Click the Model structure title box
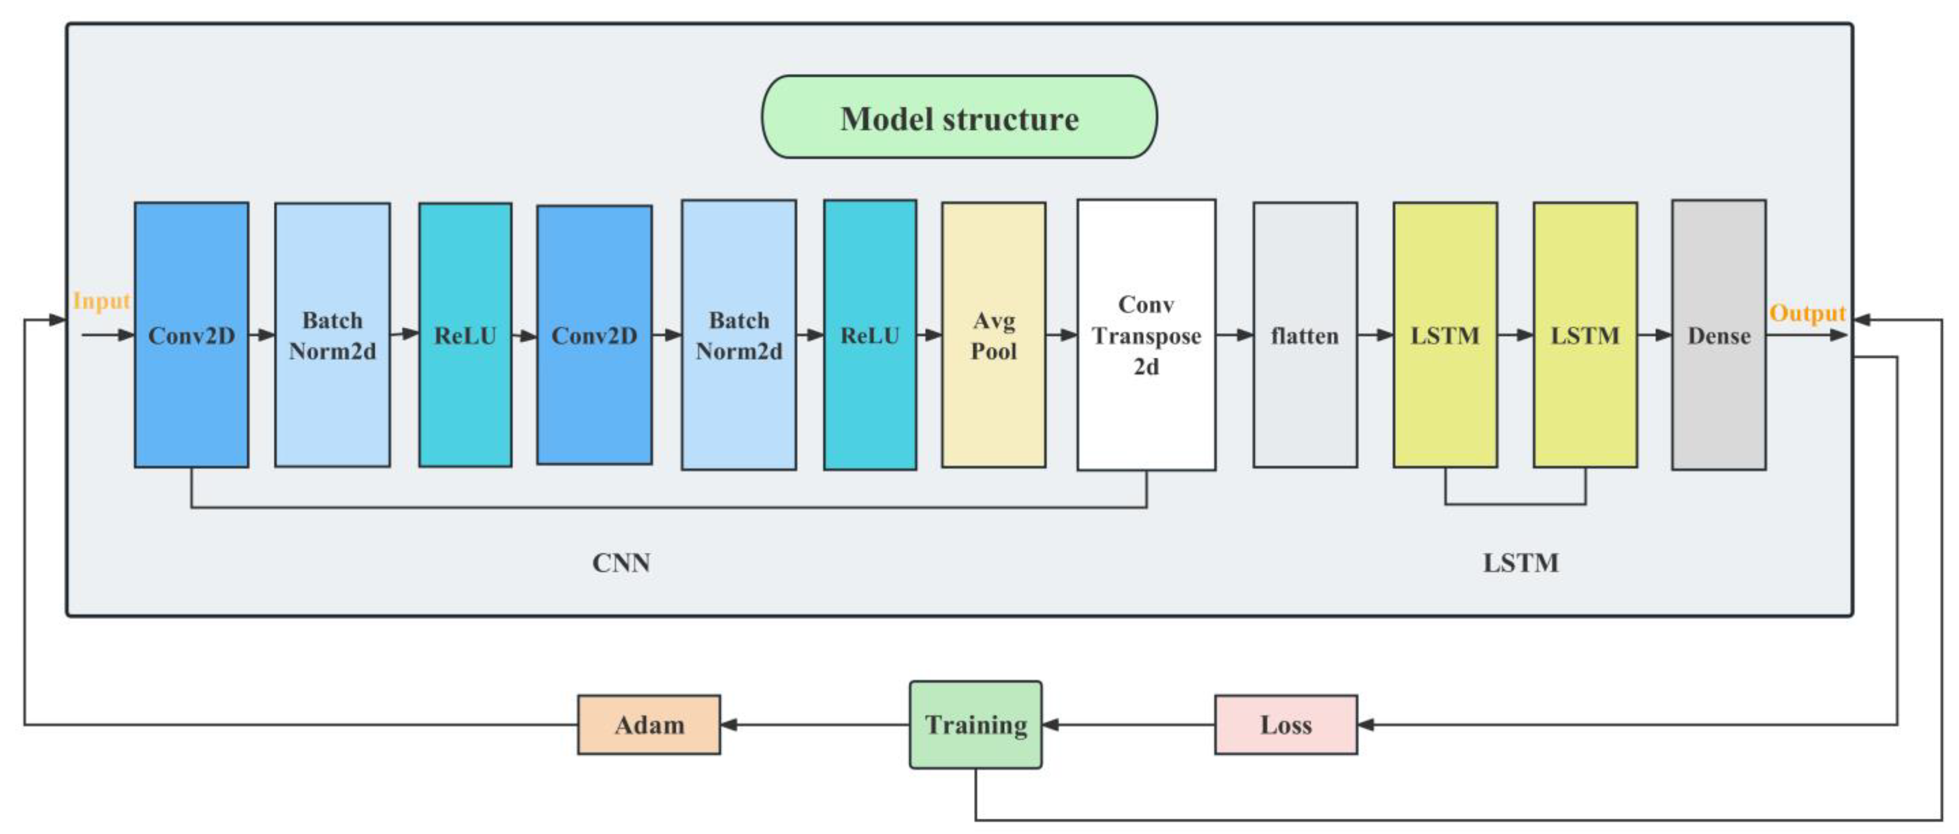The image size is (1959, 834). pos(959,117)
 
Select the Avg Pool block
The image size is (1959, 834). pos(993,334)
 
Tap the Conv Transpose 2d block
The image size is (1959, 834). pos(1146,334)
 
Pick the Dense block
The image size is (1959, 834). pos(1718,334)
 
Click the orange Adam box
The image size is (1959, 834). pos(649,725)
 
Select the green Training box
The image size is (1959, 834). pos(976,725)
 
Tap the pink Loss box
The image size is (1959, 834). pos(1285,725)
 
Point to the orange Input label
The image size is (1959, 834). pos(101,301)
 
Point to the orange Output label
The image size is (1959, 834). pos(1807,313)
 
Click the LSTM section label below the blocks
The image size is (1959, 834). pos(1520,563)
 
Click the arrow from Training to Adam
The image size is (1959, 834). pos(814,725)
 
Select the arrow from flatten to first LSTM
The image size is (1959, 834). pos(1375,334)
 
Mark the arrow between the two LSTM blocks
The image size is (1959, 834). pos(1515,334)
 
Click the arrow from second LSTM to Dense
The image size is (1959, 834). pos(1654,334)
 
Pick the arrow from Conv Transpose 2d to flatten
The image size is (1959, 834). pos(1234,334)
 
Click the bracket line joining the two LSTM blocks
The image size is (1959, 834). pos(1515,503)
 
